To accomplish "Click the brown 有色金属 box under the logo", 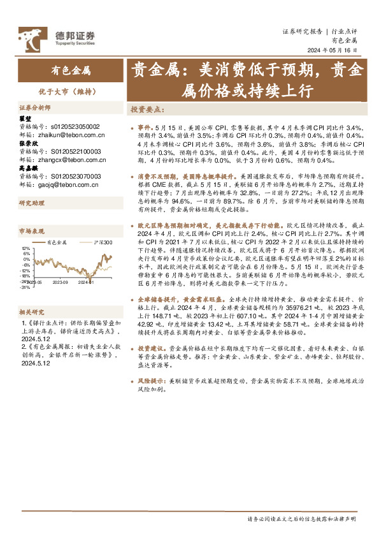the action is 71,71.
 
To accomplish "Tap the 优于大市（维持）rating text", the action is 71,91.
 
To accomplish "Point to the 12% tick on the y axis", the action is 25,249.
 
